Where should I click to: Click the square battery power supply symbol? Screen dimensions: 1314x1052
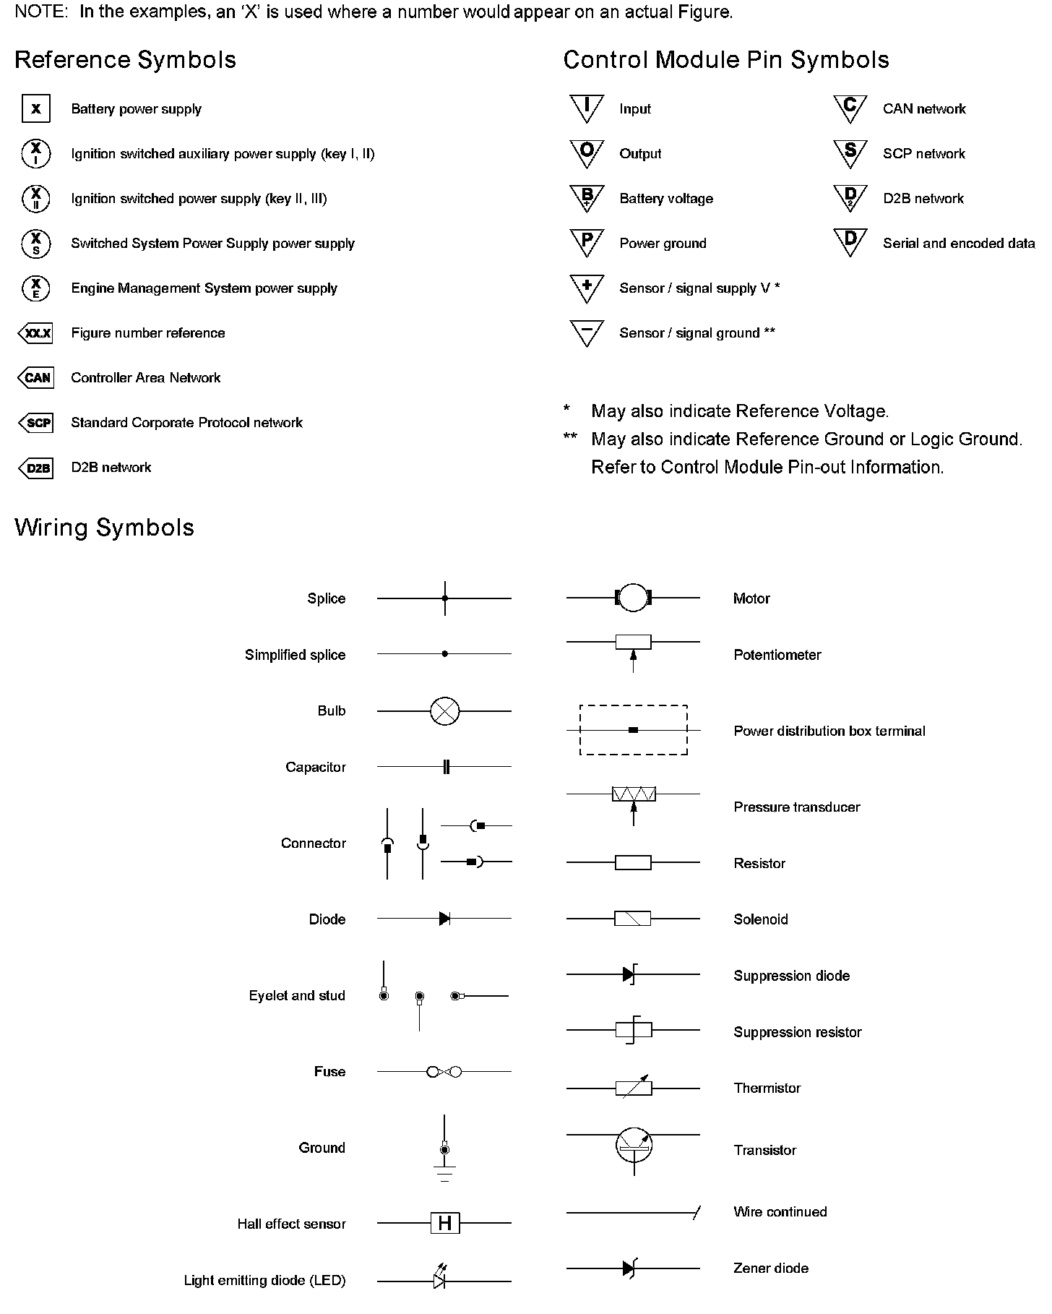coord(35,109)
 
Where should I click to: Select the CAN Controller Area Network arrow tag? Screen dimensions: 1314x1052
coord(36,378)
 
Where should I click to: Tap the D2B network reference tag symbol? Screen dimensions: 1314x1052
coord(36,468)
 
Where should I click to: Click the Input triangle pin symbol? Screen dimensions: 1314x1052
coord(587,108)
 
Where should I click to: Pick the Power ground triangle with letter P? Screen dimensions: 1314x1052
coord(587,242)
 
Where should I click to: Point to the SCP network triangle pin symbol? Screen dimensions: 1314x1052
coord(850,153)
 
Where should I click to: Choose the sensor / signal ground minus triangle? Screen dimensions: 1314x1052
coord(587,332)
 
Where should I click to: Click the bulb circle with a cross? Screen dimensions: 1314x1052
coord(444,711)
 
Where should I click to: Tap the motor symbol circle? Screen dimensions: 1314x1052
coord(633,598)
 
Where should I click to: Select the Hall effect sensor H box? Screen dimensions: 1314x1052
coord(445,1224)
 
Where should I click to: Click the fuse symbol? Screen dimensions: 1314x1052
coord(444,1072)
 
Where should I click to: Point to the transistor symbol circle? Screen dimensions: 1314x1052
coord(634,1144)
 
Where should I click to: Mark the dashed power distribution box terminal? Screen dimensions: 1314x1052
coord(634,730)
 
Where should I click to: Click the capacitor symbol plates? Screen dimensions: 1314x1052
coord(446,767)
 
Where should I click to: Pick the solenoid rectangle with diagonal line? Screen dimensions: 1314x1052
coord(633,919)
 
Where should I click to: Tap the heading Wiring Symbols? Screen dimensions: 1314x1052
coord(104,528)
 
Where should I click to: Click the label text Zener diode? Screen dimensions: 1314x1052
coord(770,1268)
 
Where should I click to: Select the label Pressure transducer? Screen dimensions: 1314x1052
coord(796,807)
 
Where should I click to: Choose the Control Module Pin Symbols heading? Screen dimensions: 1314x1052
coord(725,60)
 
